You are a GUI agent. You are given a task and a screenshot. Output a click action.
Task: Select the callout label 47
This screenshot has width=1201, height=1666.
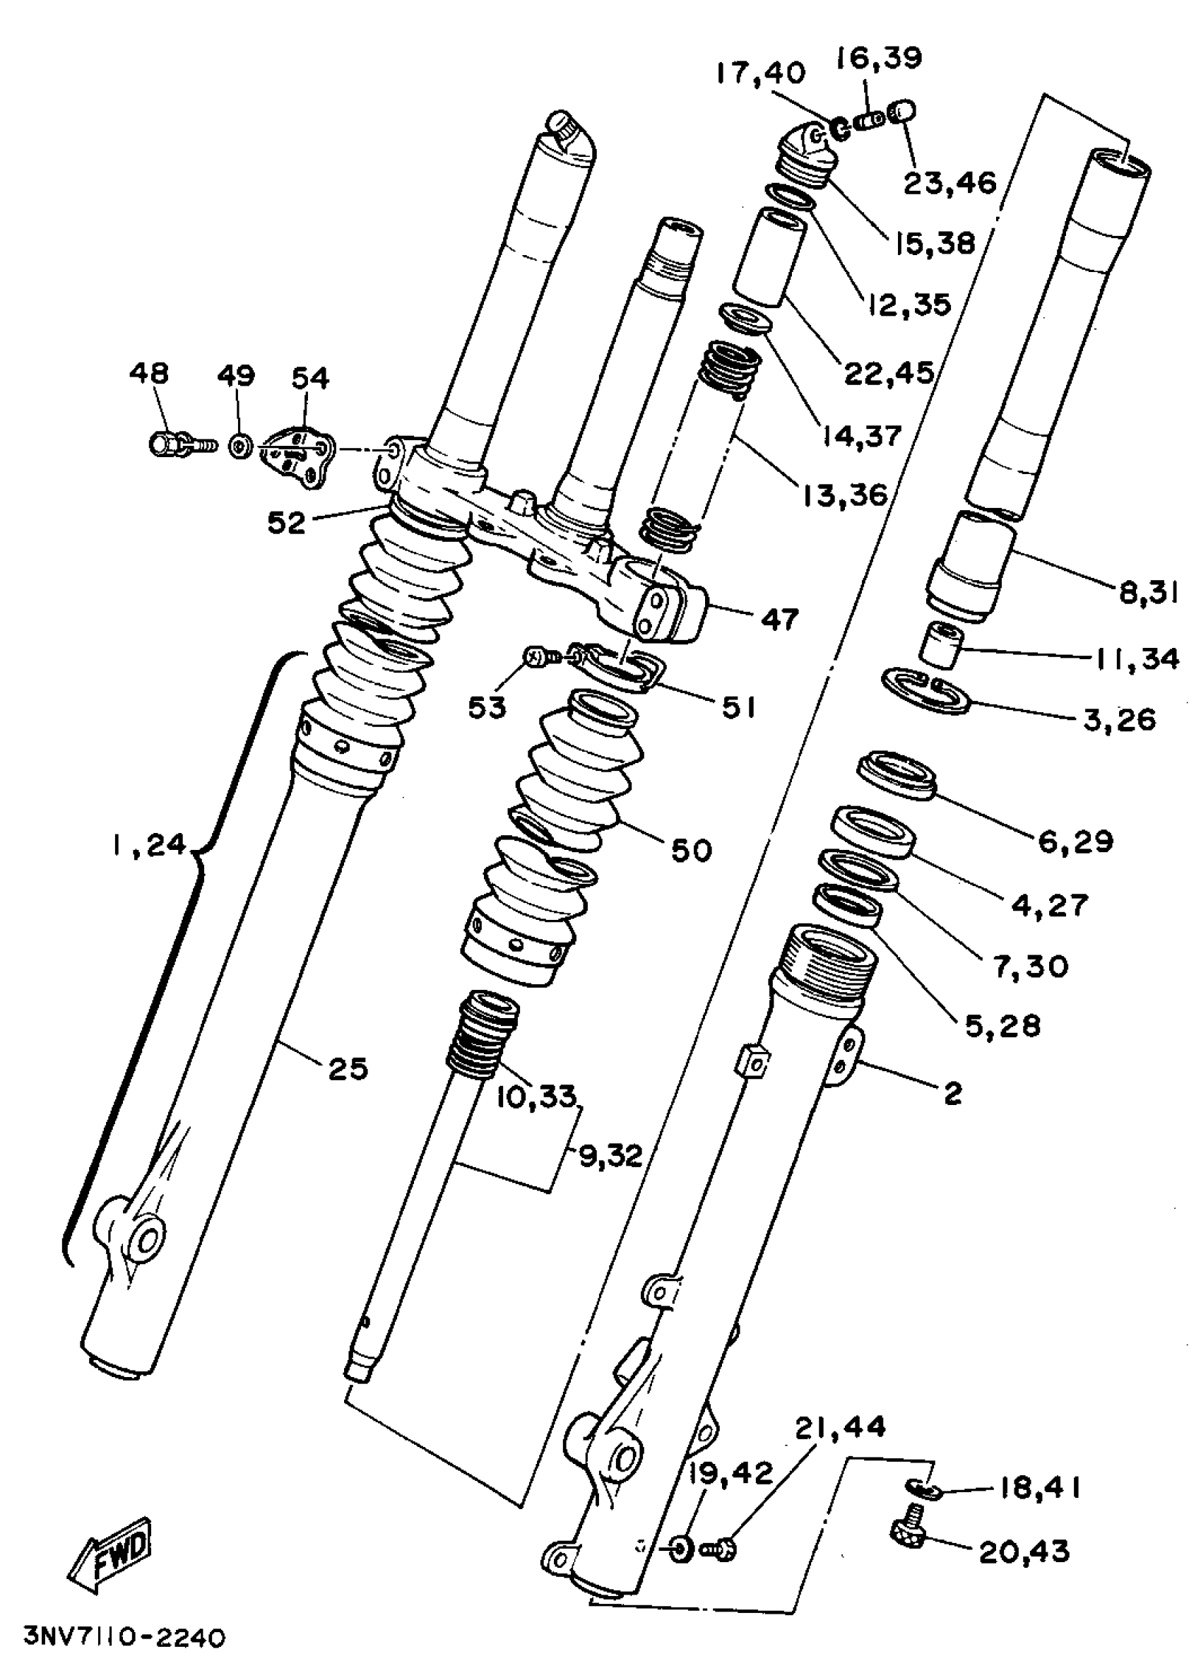point(779,619)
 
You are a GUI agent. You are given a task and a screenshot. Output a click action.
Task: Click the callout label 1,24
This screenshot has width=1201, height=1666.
point(150,845)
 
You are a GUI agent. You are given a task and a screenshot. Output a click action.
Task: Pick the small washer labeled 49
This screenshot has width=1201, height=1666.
point(240,446)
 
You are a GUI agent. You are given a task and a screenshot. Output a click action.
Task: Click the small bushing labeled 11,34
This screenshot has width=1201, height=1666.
point(943,644)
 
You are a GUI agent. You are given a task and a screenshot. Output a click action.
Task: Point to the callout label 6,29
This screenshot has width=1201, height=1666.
point(1075,840)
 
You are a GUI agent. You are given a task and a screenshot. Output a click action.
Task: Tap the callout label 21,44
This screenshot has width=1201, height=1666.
point(840,1426)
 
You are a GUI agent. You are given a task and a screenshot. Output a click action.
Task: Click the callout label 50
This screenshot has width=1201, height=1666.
point(691,850)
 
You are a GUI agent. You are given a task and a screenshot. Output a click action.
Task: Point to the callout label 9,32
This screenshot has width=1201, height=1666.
point(610,1156)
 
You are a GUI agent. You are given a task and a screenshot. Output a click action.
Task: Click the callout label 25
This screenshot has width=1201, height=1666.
point(348,1069)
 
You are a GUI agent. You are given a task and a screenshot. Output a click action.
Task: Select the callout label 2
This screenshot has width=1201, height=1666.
point(952,1094)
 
